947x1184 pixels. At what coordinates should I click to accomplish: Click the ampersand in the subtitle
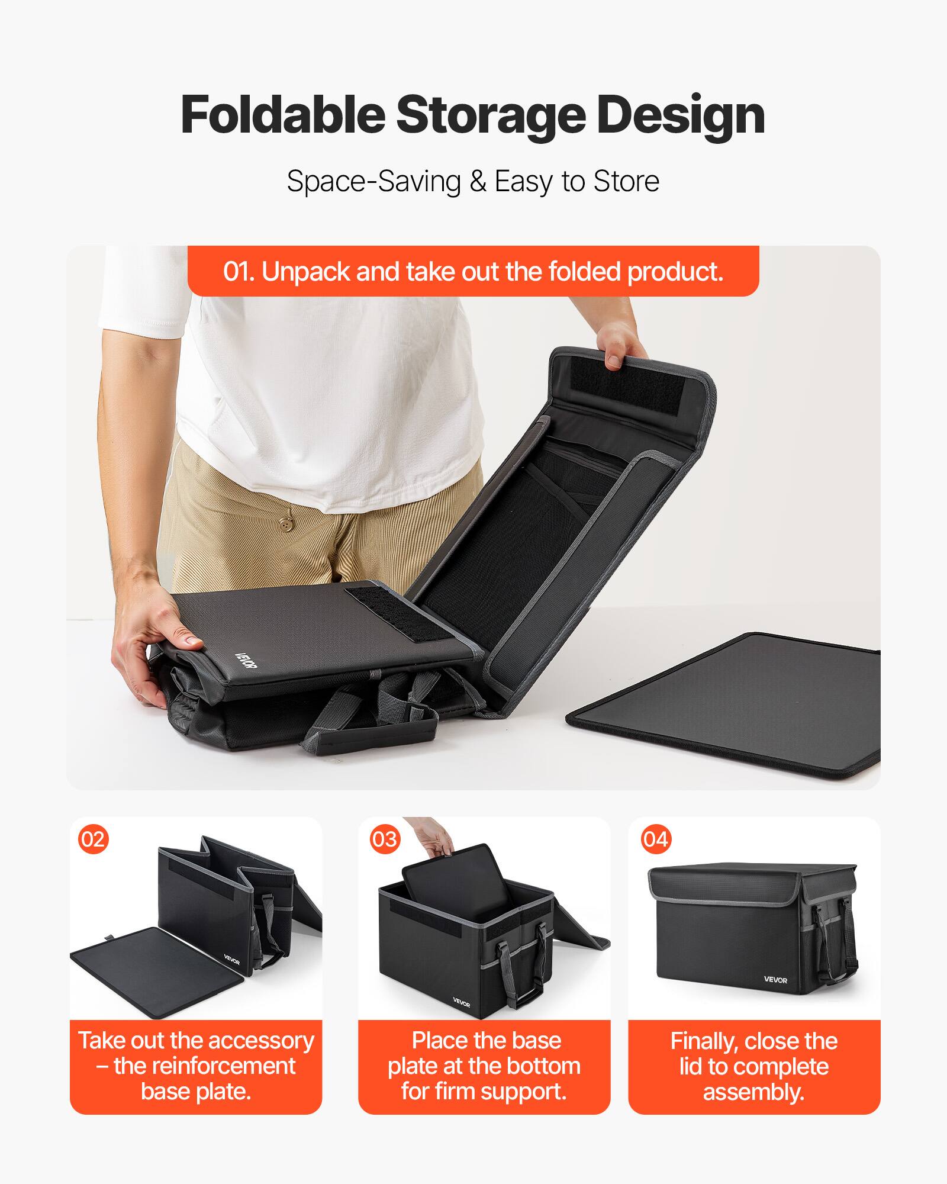(x=477, y=181)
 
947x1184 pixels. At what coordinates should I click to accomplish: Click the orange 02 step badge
(x=93, y=839)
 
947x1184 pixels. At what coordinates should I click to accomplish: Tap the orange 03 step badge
(x=385, y=839)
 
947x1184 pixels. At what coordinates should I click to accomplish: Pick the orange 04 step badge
(x=655, y=839)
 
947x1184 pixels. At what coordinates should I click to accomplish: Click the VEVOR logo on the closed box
(x=775, y=980)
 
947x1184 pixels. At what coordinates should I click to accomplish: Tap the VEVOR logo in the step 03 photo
(x=461, y=1002)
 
